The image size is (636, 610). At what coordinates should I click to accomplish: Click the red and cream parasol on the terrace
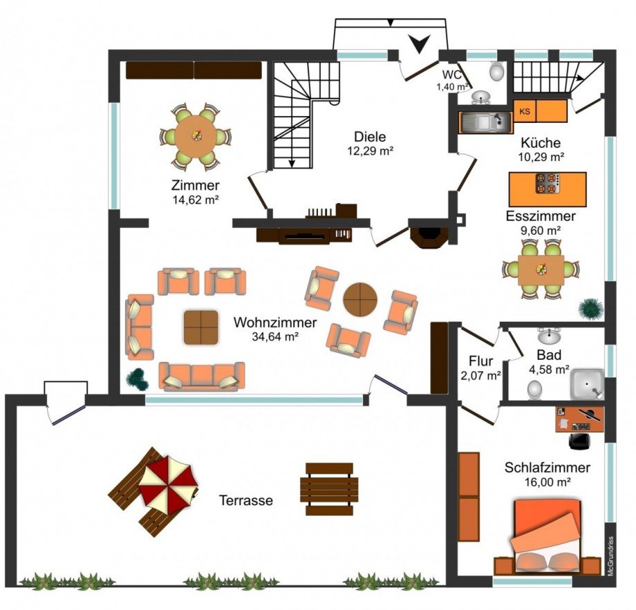click(168, 484)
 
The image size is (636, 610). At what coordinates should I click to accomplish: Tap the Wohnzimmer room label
click(275, 323)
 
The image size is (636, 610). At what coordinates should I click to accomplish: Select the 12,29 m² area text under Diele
click(370, 151)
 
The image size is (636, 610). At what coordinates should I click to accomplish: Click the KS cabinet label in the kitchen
click(525, 111)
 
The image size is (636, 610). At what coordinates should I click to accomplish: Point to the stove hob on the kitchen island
click(548, 184)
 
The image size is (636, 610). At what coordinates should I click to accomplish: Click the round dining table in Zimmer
click(196, 136)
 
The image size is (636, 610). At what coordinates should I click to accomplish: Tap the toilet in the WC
click(496, 71)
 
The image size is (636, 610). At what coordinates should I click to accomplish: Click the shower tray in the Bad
click(587, 384)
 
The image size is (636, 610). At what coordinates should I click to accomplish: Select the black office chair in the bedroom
click(580, 441)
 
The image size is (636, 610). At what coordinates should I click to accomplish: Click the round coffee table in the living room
click(360, 300)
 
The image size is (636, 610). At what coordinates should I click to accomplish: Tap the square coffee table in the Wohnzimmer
click(200, 327)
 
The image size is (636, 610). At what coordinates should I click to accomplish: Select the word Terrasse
click(246, 500)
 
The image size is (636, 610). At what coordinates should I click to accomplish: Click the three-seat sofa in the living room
click(202, 376)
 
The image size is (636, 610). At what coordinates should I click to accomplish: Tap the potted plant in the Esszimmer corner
click(590, 309)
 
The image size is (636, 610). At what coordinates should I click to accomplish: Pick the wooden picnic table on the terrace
click(329, 489)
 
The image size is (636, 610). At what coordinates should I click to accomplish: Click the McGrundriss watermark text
click(610, 556)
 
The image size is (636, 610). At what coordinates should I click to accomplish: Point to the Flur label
click(480, 361)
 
